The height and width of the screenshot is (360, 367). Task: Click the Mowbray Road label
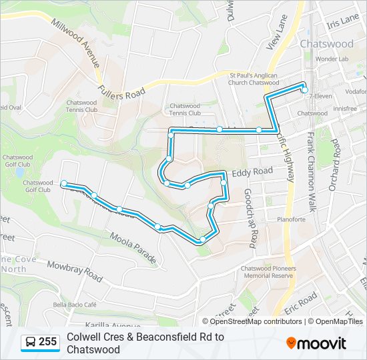(74, 270)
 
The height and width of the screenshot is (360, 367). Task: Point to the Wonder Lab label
(332, 59)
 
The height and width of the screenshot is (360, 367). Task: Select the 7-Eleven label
(323, 96)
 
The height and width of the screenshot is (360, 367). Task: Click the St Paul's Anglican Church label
(254, 79)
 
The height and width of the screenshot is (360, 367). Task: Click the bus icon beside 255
(31, 343)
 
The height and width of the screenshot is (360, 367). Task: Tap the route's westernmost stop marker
(63, 183)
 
